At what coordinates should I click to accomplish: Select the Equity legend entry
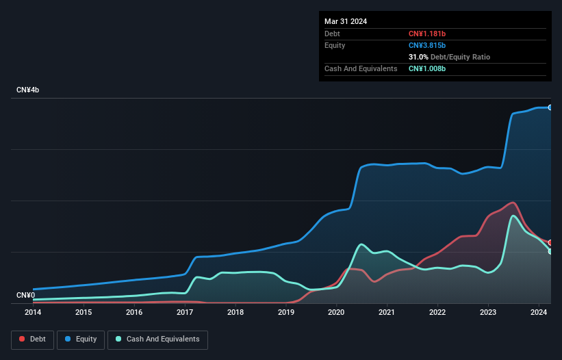[x=81, y=339]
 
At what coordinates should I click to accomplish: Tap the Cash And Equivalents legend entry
[x=157, y=339]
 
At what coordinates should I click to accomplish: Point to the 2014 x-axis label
[x=33, y=313]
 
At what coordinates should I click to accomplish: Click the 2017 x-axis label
[x=185, y=313]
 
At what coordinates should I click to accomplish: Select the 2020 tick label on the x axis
[x=336, y=313]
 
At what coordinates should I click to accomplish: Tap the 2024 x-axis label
[x=539, y=313]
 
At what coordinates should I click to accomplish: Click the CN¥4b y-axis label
[x=28, y=90]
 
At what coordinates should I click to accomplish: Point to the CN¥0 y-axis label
[x=25, y=296]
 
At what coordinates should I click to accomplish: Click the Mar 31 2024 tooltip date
[x=346, y=21]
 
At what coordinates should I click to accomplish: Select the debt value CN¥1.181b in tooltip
[x=427, y=34]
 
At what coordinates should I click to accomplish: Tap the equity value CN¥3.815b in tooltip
[x=427, y=45]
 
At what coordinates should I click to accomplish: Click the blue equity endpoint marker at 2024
[x=550, y=107]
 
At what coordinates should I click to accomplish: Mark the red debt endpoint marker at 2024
[x=550, y=242]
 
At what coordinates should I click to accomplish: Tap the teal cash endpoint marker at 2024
[x=550, y=251]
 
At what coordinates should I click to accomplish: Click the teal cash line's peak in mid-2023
[x=513, y=216]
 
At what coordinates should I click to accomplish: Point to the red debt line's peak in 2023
[x=511, y=203]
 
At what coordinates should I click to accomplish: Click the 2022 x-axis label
[x=437, y=313]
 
